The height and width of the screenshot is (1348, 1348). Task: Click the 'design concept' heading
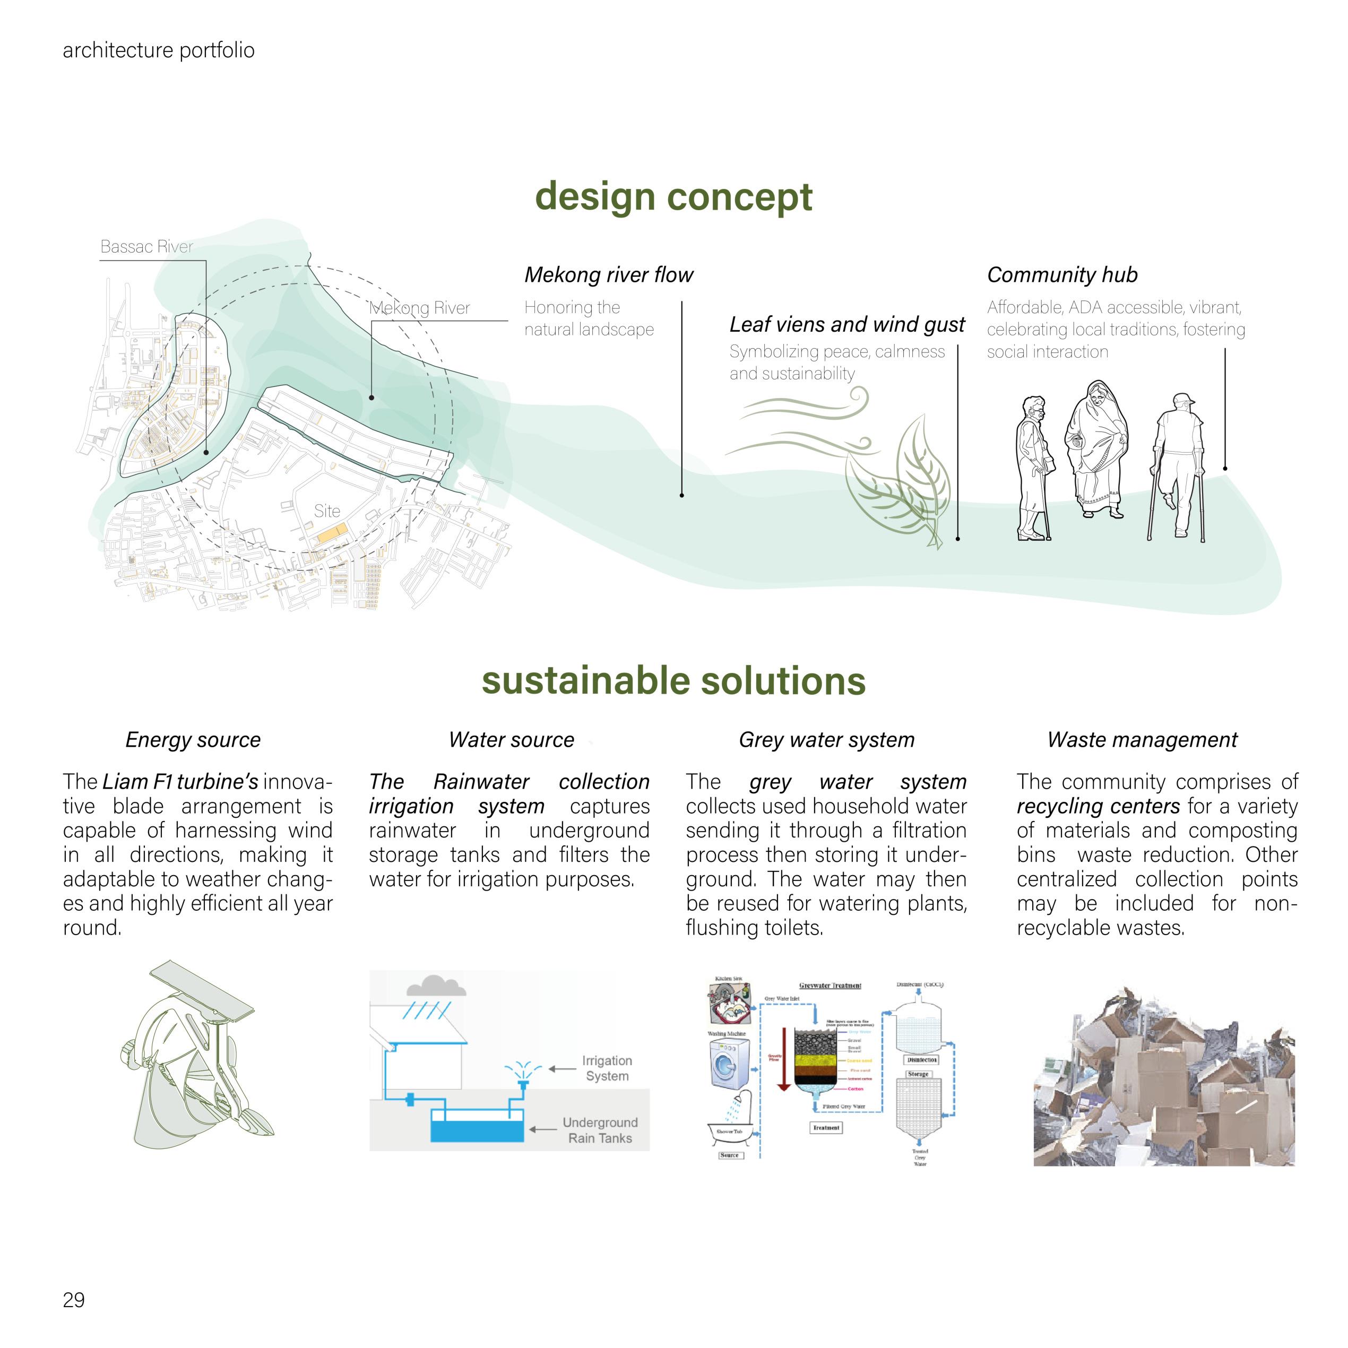pos(673,197)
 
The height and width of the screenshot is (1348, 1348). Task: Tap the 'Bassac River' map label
pos(146,246)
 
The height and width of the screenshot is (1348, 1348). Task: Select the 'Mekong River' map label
pos(419,308)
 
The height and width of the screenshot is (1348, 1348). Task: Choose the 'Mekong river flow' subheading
pos(608,275)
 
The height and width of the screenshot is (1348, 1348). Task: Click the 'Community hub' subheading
pos(1062,275)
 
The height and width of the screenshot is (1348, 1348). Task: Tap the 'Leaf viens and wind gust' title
pos(847,324)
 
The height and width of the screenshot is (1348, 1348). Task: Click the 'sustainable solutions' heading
pos(673,681)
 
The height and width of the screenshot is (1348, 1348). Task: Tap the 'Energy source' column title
pos(193,740)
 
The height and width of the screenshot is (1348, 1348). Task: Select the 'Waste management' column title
pos(1142,740)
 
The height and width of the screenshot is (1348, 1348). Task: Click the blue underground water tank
pos(477,1131)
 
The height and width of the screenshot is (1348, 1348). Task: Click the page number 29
pos(74,1300)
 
